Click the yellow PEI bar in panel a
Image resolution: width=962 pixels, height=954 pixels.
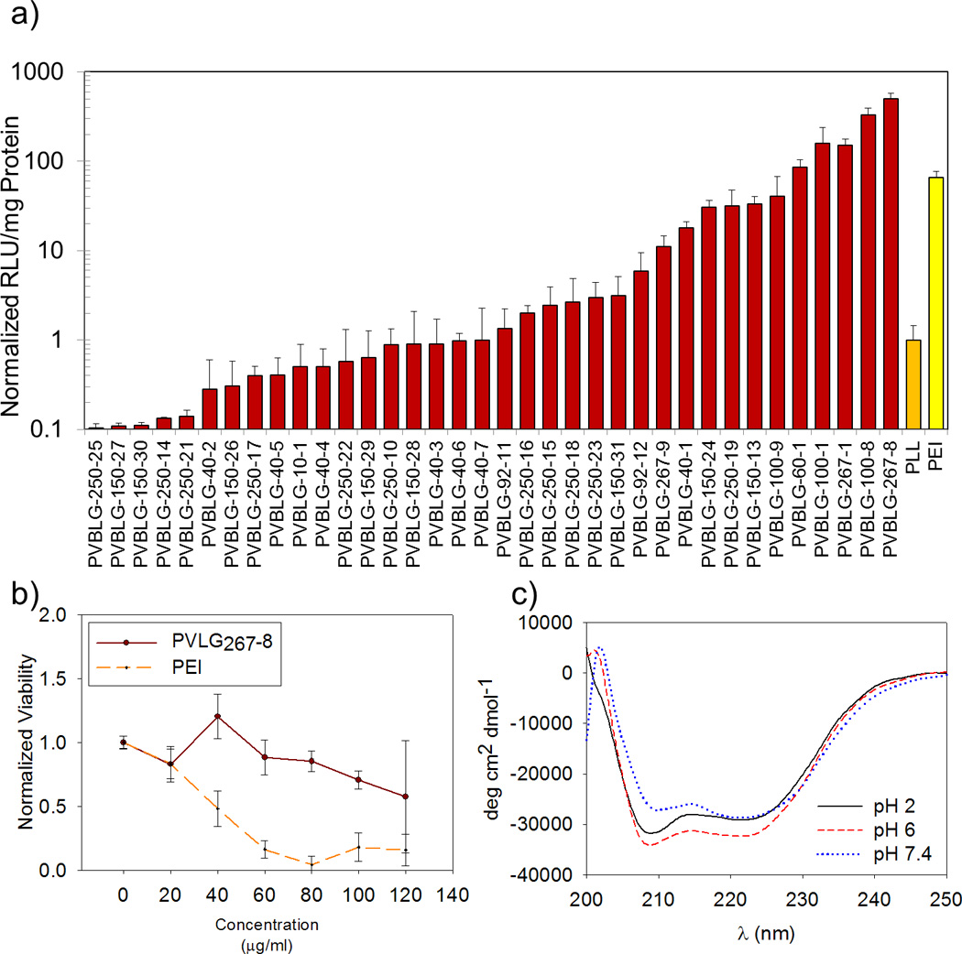coord(935,302)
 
